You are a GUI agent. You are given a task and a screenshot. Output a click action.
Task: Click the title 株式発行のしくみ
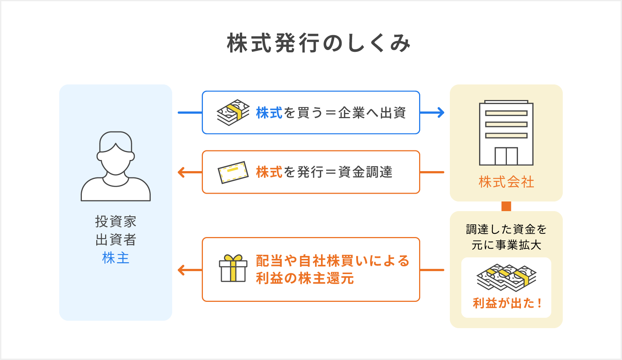coord(319,43)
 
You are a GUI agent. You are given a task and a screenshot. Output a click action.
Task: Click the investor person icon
coord(116,166)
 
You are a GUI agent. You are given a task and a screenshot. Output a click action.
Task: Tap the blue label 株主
coord(116,258)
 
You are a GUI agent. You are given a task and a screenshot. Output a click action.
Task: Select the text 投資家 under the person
coord(116,221)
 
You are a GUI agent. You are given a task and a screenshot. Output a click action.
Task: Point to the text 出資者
coord(116,240)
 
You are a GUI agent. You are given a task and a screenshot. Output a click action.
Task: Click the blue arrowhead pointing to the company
coord(440,113)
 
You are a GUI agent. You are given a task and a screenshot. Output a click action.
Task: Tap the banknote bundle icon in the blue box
coord(233,113)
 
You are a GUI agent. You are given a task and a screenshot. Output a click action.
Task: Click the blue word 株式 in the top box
coord(269,113)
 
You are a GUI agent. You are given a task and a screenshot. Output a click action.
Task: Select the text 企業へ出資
coord(372,113)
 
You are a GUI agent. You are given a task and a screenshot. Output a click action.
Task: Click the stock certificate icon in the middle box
coord(233,172)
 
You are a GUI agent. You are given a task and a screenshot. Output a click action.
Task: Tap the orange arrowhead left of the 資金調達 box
coord(181,172)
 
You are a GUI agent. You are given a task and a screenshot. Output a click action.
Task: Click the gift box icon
coord(233,269)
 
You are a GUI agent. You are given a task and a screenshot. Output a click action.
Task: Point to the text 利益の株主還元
coord(305,278)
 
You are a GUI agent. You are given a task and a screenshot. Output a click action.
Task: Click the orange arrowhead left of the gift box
coord(181,270)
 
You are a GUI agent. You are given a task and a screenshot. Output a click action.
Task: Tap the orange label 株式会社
coord(506,182)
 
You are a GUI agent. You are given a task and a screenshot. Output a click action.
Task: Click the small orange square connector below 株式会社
coord(506,206)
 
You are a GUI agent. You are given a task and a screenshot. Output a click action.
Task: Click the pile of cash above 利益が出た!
coord(506,277)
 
